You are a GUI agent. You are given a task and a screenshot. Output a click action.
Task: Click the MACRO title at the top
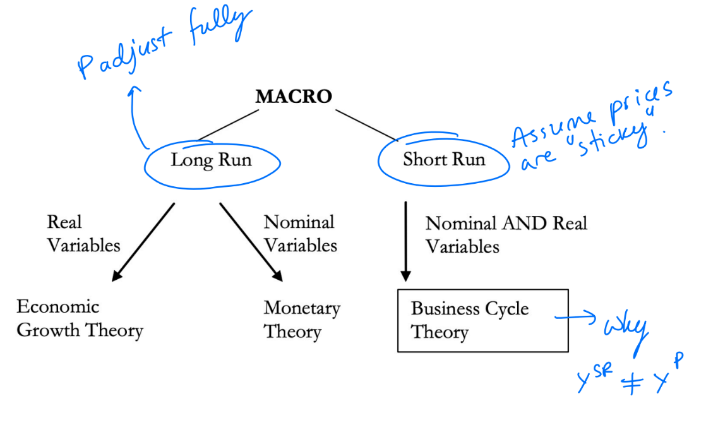pyautogui.click(x=293, y=97)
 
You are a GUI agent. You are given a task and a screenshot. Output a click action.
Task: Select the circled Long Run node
pyautogui.click(x=211, y=160)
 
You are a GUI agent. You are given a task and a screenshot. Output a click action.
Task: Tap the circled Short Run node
pyautogui.click(x=444, y=159)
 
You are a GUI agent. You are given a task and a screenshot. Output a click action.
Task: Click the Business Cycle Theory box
pyautogui.click(x=482, y=320)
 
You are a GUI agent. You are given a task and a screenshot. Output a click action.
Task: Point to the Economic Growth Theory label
pyautogui.click(x=80, y=318)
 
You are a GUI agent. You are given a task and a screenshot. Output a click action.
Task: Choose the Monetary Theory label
pyautogui.click(x=301, y=320)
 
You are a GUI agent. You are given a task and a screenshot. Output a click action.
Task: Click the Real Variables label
pyautogui.click(x=83, y=234)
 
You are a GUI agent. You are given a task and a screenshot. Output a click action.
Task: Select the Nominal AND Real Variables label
pyautogui.click(x=505, y=234)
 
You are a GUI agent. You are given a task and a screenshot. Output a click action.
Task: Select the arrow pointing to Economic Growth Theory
pyautogui.click(x=143, y=241)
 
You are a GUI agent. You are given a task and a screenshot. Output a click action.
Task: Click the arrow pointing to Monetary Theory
pyautogui.click(x=250, y=241)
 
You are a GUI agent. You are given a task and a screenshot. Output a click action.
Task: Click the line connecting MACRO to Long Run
pyautogui.click(x=227, y=124)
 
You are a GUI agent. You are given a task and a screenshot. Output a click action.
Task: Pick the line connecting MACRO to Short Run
pyautogui.click(x=367, y=124)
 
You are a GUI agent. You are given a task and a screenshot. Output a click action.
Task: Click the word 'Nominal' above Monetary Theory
pyautogui.click(x=299, y=222)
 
